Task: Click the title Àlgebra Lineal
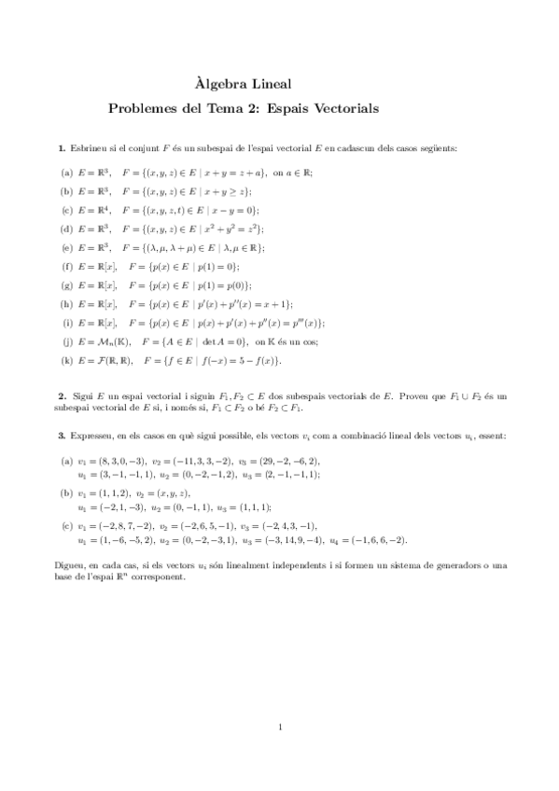[280, 85]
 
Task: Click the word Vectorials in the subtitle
[342, 108]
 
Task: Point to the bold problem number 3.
[63, 436]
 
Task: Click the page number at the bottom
[280, 726]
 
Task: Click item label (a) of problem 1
[67, 173]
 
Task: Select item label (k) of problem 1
[67, 360]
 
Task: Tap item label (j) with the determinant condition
[67, 341]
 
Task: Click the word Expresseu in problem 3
[95, 436]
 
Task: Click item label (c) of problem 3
[67, 526]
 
